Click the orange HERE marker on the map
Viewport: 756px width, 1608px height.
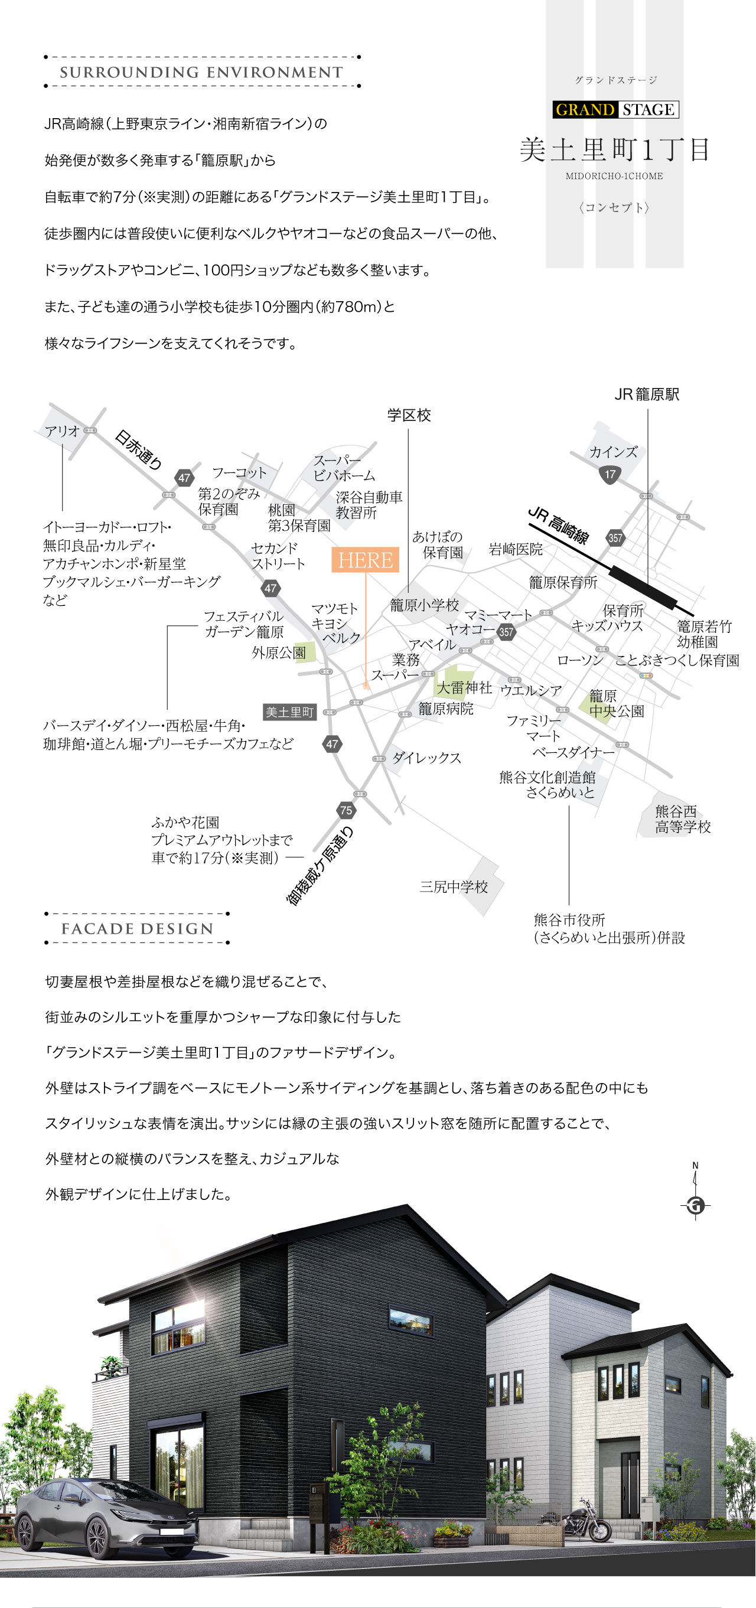coord(365,560)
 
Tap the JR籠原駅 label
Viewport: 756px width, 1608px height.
coord(647,394)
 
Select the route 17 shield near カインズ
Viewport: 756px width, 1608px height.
coord(610,474)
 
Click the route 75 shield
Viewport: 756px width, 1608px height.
coord(346,810)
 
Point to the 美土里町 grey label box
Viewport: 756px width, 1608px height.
coord(289,712)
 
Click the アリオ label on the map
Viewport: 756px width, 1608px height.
coord(63,430)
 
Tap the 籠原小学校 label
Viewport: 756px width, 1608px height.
coord(425,605)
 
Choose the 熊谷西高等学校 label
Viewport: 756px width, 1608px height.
coord(683,819)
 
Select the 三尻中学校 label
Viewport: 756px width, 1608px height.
coord(454,887)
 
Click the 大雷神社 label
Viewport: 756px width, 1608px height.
coord(464,688)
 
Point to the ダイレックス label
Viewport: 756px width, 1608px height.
coord(426,758)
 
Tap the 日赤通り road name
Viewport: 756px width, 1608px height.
coord(139,450)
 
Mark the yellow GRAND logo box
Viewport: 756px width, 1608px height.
coord(585,110)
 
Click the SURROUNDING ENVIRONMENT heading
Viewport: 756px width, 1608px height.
coord(201,73)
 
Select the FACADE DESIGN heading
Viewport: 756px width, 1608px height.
coord(138,929)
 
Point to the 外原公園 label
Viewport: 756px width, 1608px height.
coord(279,653)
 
